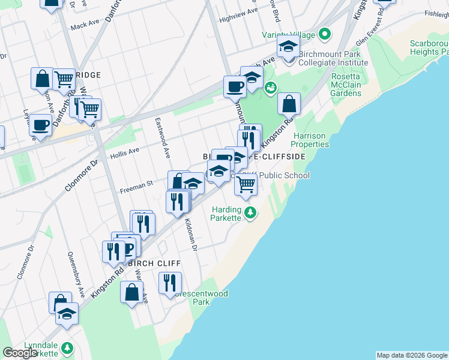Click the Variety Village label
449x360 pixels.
[x=288, y=35]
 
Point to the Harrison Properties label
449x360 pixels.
[x=310, y=140]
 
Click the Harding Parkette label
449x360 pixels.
[x=226, y=214]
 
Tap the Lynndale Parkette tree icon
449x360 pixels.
[x=67, y=347]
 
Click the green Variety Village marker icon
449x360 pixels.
[x=325, y=34]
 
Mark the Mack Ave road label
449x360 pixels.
[x=85, y=25]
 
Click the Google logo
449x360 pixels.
[x=20, y=353]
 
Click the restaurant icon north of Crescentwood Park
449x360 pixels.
[x=170, y=281]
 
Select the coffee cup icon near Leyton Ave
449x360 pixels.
[x=41, y=125]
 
